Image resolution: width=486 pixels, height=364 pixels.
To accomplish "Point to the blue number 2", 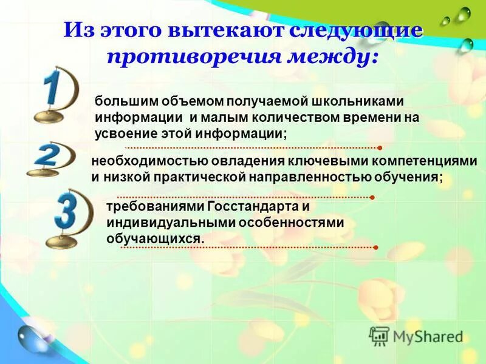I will pyautogui.click(x=47, y=156).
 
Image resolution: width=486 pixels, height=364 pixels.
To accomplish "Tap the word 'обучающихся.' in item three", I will pyautogui.click(x=155, y=238).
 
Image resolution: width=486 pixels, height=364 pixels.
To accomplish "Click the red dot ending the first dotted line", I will pyautogui.click(x=379, y=147).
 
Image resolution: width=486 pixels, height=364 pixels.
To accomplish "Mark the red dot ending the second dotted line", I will pyautogui.click(x=371, y=197).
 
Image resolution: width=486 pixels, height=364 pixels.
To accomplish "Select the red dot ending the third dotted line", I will pyautogui.click(x=377, y=248).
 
